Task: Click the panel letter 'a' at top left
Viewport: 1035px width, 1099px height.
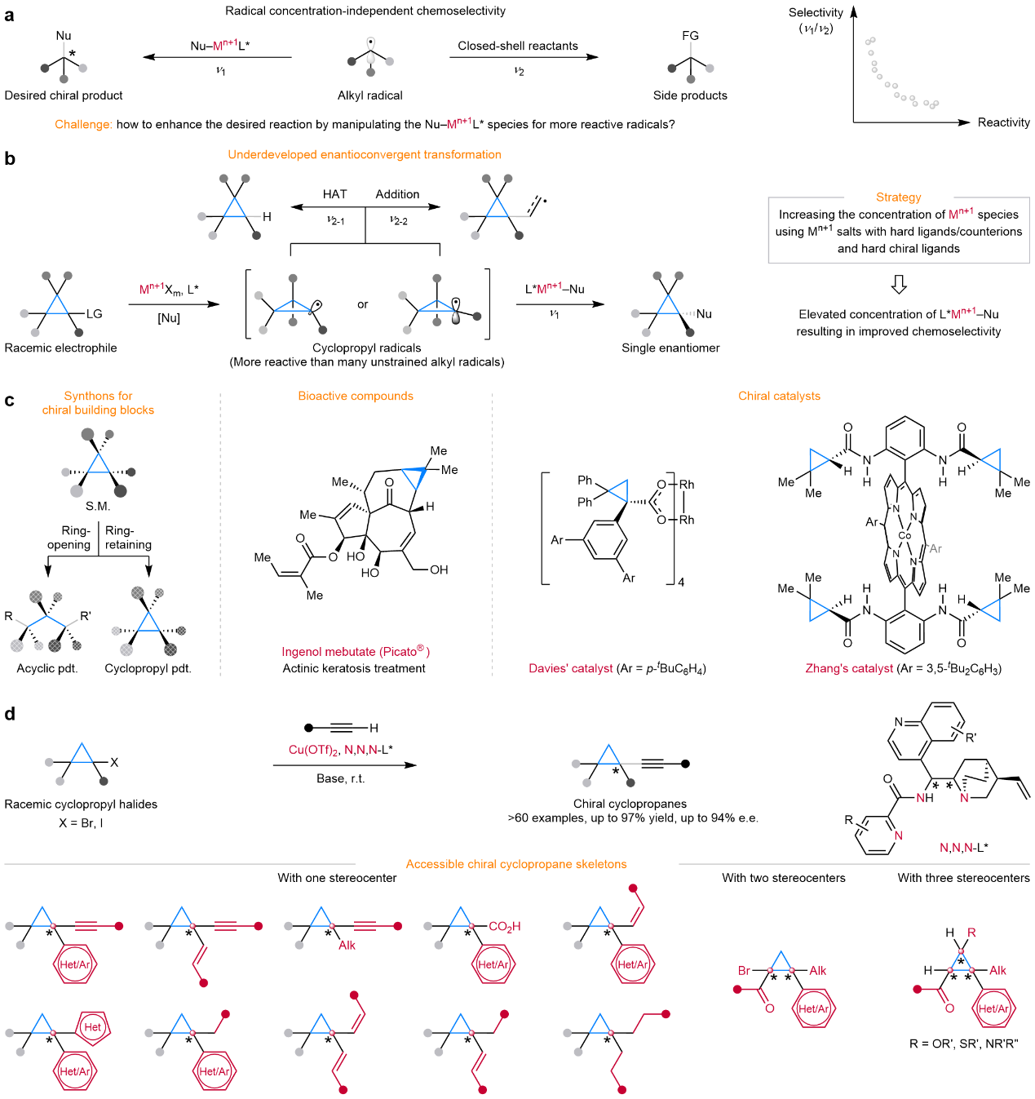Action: pyautogui.click(x=9, y=16)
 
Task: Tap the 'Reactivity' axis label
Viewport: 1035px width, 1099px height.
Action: pyautogui.click(x=1003, y=122)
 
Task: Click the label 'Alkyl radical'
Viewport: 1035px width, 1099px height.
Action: pyautogui.click(x=369, y=95)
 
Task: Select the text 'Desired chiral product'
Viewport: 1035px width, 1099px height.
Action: pyautogui.click(x=64, y=95)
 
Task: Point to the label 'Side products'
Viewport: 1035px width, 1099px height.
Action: pyautogui.click(x=690, y=95)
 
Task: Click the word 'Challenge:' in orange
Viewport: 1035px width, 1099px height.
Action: pyautogui.click(x=83, y=125)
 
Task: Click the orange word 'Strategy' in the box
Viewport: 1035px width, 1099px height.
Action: pyautogui.click(x=898, y=197)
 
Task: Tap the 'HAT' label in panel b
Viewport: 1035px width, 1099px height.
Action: pyautogui.click(x=334, y=194)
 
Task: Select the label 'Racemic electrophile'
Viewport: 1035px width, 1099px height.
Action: pyautogui.click(x=60, y=348)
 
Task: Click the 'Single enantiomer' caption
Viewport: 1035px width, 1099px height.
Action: pyautogui.click(x=670, y=348)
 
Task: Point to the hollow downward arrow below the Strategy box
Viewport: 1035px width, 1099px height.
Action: pyautogui.click(x=899, y=284)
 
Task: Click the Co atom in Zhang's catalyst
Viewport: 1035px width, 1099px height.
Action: pyautogui.click(x=905, y=536)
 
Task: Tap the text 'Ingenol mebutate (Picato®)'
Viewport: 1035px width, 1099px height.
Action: pyautogui.click(x=355, y=651)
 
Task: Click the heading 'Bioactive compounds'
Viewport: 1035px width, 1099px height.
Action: pyautogui.click(x=356, y=396)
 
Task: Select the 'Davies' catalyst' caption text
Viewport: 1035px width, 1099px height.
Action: pyautogui.click(x=570, y=668)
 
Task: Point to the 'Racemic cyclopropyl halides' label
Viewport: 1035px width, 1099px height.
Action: pyautogui.click(x=81, y=804)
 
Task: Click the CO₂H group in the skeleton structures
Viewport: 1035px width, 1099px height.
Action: pyautogui.click(x=504, y=926)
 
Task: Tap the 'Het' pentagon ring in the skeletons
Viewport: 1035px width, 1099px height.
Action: pyautogui.click(x=93, y=1027)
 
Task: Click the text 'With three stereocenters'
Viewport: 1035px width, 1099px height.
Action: pyautogui.click(x=963, y=878)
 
